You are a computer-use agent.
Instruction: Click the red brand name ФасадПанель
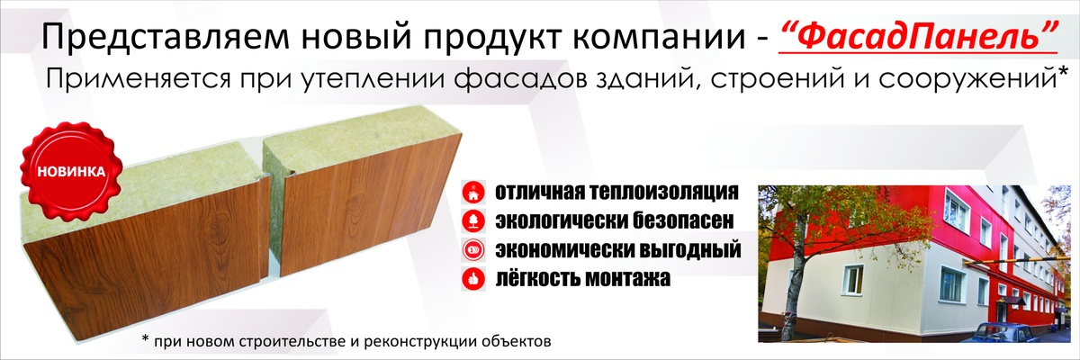[920, 35]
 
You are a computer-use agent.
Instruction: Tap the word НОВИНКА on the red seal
[71, 172]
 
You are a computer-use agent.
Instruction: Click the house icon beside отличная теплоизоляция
[473, 193]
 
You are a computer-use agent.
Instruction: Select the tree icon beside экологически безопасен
[473, 221]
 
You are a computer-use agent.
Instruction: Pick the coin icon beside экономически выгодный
[473, 250]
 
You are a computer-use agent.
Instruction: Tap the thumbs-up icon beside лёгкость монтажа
[473, 279]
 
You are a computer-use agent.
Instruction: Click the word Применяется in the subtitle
[139, 78]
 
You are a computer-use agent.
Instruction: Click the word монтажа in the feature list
[626, 278]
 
